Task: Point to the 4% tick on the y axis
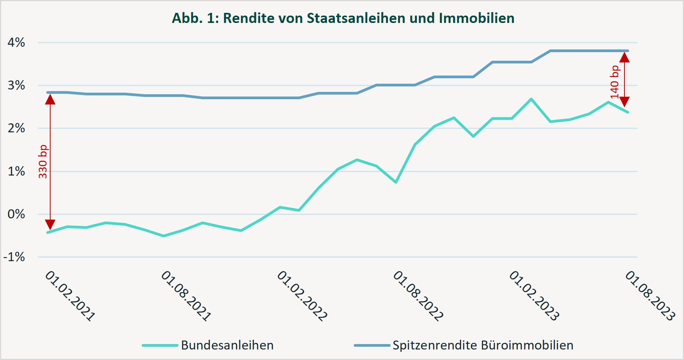point(16,42)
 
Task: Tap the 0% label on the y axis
point(16,214)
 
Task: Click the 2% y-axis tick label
point(16,128)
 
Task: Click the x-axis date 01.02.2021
point(70,296)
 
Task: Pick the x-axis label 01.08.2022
point(418,296)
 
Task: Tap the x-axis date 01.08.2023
point(650,296)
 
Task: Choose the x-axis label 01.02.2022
point(302,296)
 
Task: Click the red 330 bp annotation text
point(43,162)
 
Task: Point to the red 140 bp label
point(614,82)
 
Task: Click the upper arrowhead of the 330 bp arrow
point(50,99)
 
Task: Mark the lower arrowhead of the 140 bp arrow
point(624,102)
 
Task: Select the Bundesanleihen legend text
point(227,345)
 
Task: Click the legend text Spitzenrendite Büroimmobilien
point(483,345)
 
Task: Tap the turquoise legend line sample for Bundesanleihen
point(160,345)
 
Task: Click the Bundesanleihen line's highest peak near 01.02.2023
point(531,99)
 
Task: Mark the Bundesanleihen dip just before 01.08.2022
point(396,182)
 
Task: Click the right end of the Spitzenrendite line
point(628,51)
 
